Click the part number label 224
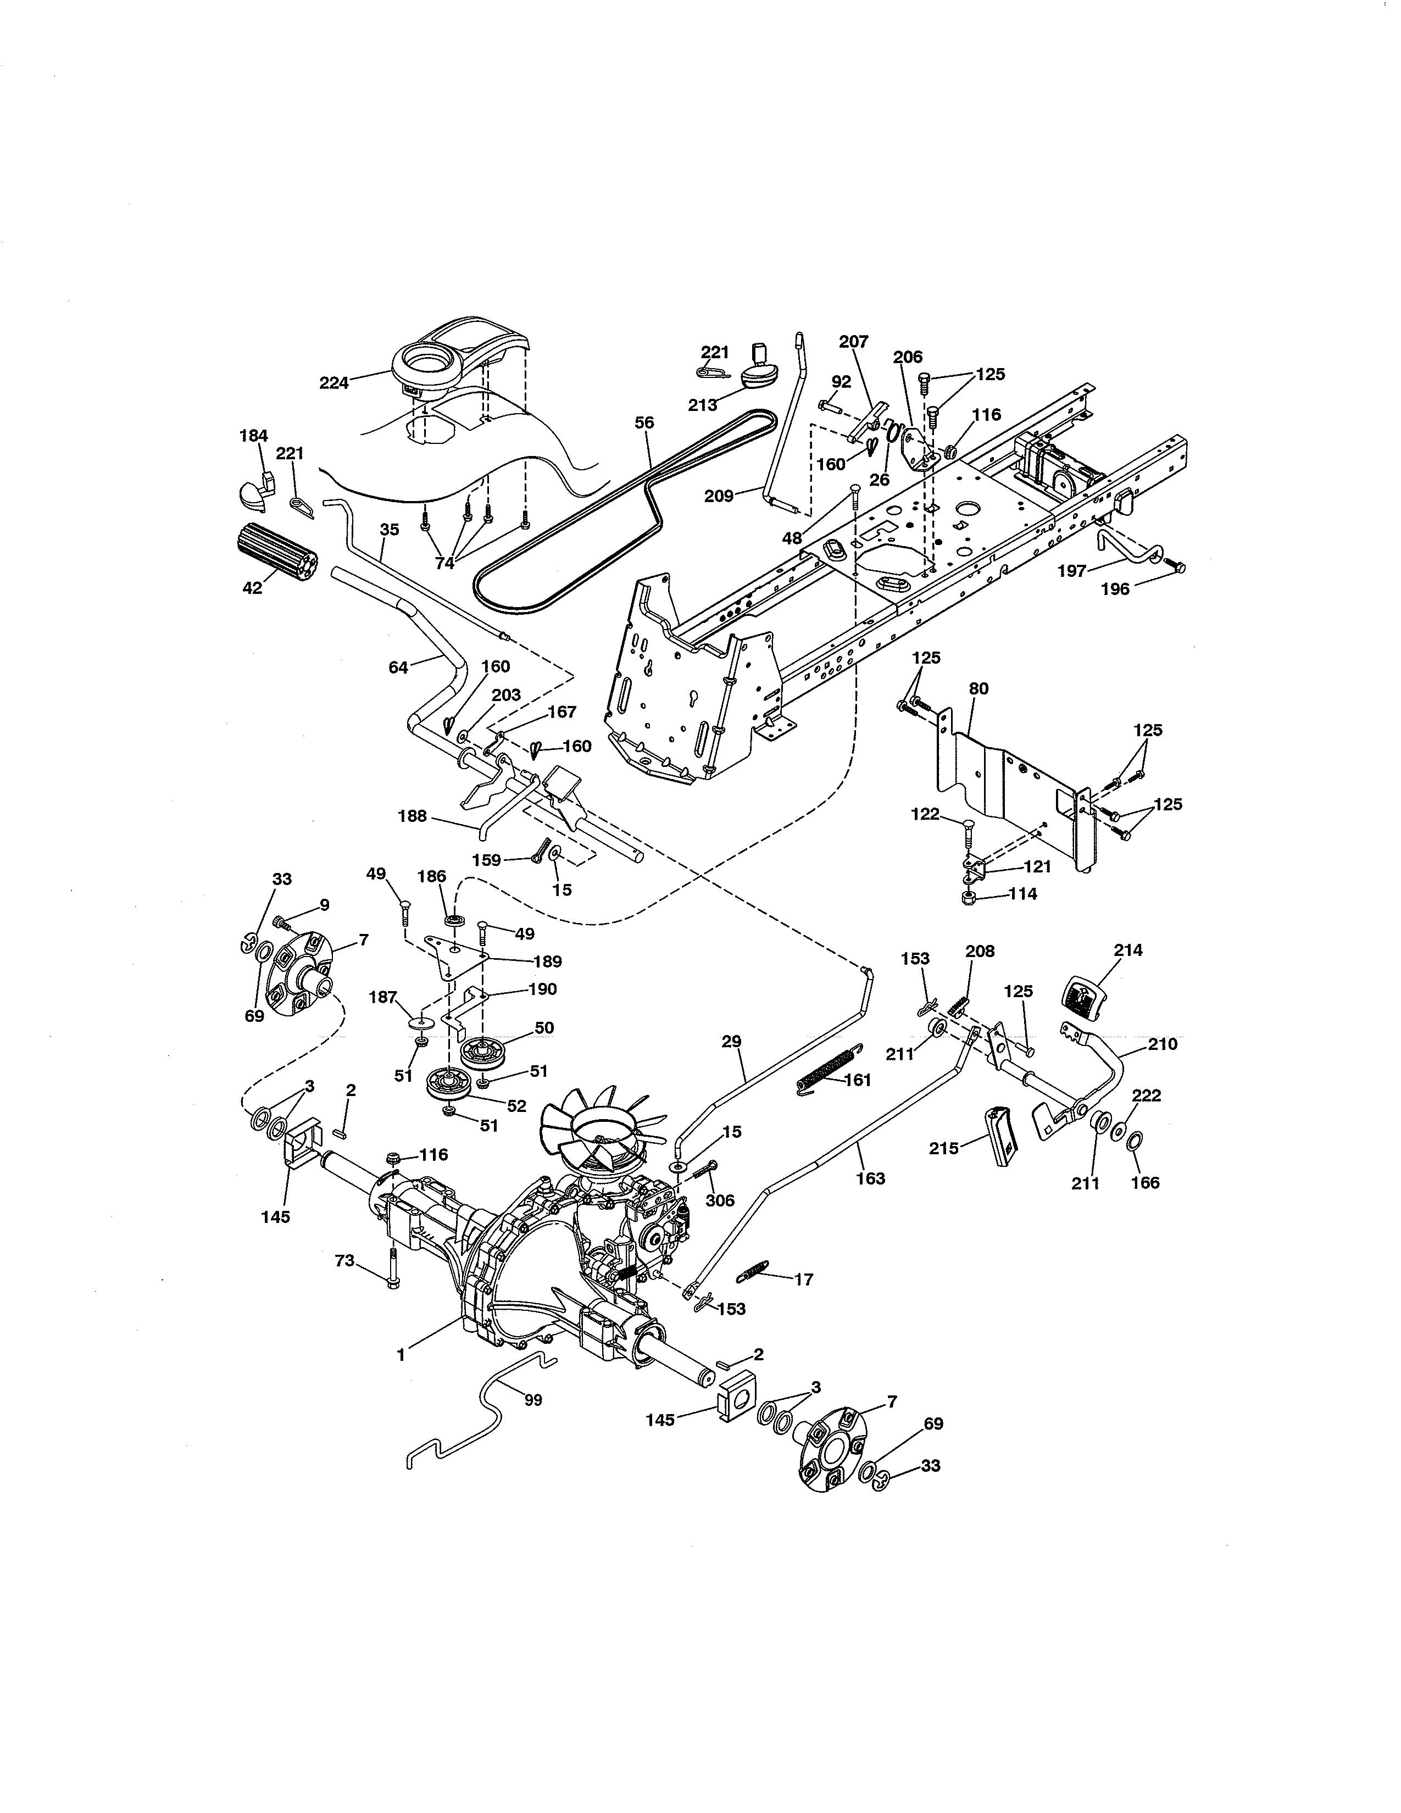pyautogui.click(x=333, y=383)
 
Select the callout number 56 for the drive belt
pyautogui.click(x=644, y=422)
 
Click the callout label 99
pyautogui.click(x=533, y=1400)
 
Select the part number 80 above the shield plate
pyautogui.click(x=979, y=688)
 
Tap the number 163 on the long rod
pyautogui.click(x=870, y=1177)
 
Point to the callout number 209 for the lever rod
pyautogui.click(x=719, y=497)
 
